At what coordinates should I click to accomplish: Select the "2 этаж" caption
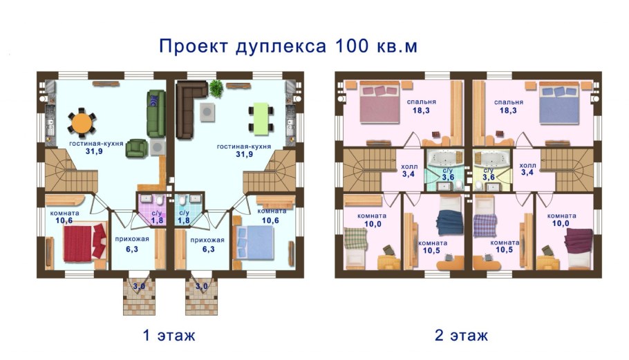(461, 336)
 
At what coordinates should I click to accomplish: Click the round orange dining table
(82, 123)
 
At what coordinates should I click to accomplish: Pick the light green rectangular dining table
(260, 118)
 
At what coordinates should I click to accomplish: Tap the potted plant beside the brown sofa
(216, 88)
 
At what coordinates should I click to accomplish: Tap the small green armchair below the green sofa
(137, 148)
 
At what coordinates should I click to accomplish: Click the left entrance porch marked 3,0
(140, 296)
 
